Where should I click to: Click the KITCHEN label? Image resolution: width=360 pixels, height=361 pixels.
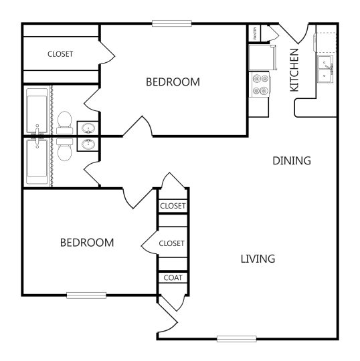click(x=294, y=70)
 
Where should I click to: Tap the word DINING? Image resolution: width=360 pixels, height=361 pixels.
click(x=292, y=160)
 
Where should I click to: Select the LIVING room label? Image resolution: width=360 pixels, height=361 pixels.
click(x=258, y=259)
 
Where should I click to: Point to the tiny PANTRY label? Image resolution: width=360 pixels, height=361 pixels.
click(x=255, y=32)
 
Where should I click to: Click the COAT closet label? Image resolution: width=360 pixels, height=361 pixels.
click(x=172, y=277)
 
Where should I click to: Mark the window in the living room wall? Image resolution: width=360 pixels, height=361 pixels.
click(x=236, y=338)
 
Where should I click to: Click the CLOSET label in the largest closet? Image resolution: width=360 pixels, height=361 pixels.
click(x=60, y=54)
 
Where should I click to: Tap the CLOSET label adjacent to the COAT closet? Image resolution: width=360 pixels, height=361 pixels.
click(x=172, y=243)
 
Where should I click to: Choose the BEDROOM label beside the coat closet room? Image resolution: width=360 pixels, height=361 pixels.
click(x=86, y=242)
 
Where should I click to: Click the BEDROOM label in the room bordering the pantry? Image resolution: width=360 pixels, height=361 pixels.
click(x=173, y=82)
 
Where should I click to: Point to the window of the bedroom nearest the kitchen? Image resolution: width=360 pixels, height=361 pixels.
click(x=172, y=23)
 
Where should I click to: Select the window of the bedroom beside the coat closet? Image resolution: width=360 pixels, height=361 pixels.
click(x=86, y=295)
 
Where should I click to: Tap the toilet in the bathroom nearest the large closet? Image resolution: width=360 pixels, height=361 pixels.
click(x=65, y=121)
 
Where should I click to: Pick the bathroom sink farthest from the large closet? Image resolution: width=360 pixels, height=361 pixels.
click(x=87, y=144)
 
